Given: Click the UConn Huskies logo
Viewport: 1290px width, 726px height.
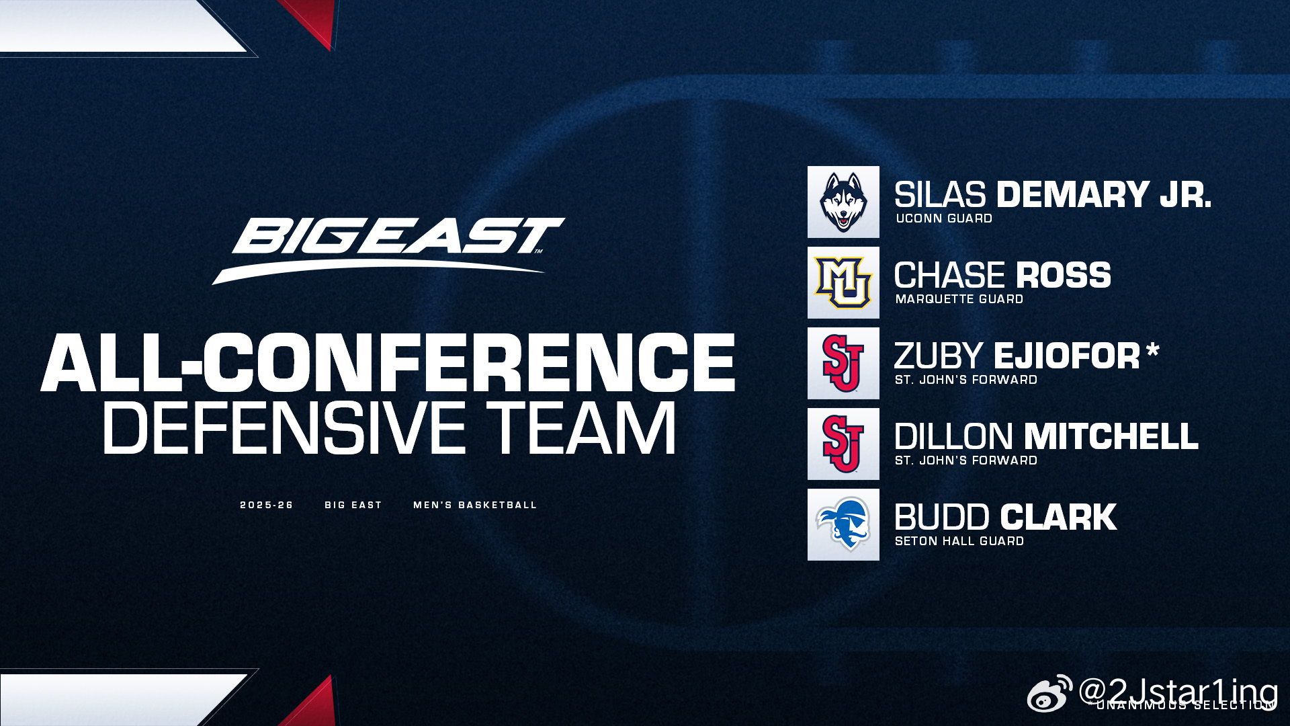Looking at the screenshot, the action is (x=843, y=202).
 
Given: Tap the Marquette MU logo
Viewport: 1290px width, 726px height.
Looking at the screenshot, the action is (x=843, y=282).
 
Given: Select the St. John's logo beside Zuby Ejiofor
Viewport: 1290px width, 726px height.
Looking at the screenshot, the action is (x=843, y=363).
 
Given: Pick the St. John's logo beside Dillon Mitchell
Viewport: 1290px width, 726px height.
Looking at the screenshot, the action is (x=843, y=444).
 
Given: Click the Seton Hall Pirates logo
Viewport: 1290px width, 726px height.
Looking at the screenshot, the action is (x=843, y=524).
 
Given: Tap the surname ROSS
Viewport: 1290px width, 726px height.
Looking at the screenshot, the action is (x=1064, y=276).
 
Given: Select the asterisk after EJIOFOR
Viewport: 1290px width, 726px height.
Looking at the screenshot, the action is (x=1153, y=350).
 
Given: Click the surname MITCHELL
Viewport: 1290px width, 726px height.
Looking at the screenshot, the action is (x=1112, y=437).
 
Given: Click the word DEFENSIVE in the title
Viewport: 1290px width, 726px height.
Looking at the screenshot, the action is (x=284, y=428).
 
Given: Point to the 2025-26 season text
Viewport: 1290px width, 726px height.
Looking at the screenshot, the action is (x=267, y=505).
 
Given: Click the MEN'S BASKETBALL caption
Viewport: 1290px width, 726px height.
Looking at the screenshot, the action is (x=475, y=505).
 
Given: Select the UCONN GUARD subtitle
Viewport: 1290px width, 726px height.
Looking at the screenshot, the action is (x=944, y=218).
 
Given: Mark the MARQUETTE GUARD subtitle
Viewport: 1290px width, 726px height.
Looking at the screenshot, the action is (x=959, y=299).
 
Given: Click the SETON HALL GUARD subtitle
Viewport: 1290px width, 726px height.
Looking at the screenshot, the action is (x=959, y=541).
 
